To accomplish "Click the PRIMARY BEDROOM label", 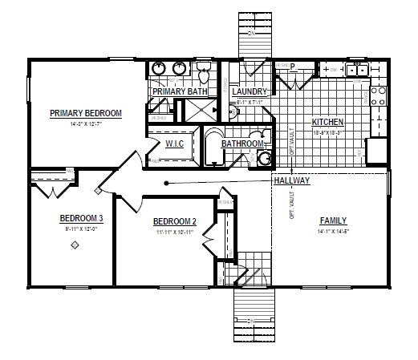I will tap(86, 113).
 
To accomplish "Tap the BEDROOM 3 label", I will tap(81, 217).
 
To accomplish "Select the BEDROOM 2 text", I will tap(174, 221).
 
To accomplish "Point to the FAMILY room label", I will tap(334, 220).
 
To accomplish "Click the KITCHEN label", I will tap(328, 123).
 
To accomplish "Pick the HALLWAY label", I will tap(291, 181).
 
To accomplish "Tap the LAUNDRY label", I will tap(250, 91).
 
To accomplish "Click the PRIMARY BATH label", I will tap(181, 91).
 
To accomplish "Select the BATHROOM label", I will tap(242, 144).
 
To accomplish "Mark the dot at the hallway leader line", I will tap(166, 184).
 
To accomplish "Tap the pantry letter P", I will tap(293, 67).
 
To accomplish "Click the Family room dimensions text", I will tap(334, 231).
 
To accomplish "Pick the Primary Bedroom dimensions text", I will tap(85, 124).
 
